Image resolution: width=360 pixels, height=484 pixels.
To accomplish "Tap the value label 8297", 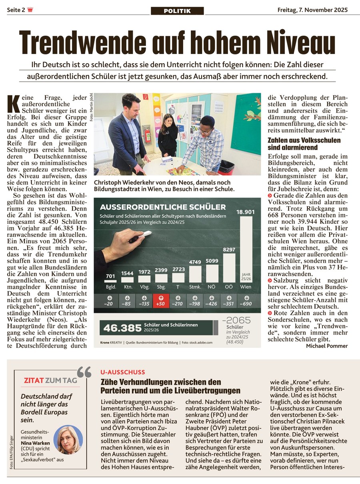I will pyautogui.click(x=229, y=249).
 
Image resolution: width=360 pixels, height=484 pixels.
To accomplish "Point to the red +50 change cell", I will pyautogui.click(x=161, y=301).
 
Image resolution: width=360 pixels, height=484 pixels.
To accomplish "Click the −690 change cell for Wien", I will pyautogui.click(x=246, y=301).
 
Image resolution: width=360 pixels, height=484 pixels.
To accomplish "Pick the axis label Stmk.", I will pyautogui.click(x=195, y=287).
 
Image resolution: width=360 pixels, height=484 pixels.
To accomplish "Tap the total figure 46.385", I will pyautogui.click(x=122, y=328).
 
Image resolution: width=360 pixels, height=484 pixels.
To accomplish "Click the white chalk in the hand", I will pyautogui.click(x=146, y=233).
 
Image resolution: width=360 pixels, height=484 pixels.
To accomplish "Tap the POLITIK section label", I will pyautogui.click(x=177, y=11).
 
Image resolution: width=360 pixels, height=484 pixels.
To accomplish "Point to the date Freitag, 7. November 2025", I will pyautogui.click(x=312, y=10).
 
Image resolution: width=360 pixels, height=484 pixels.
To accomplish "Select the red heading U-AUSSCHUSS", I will pyautogui.click(x=123, y=372).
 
